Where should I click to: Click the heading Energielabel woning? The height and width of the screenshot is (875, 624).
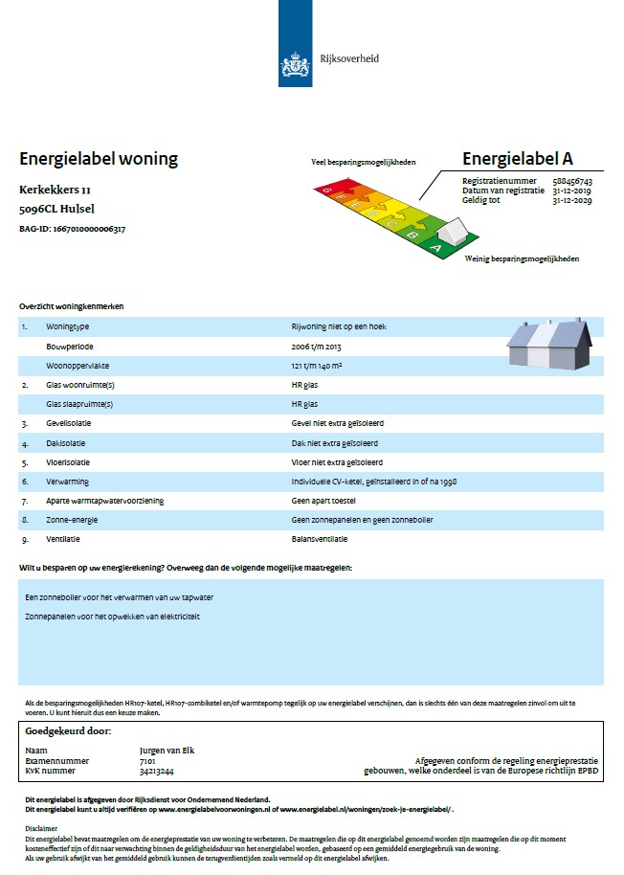coord(99,159)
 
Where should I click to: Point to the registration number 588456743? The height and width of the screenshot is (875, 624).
coord(572,181)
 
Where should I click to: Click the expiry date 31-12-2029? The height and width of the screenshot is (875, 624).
coord(572,201)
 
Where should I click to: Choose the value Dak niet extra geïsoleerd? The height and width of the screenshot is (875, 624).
coord(336,443)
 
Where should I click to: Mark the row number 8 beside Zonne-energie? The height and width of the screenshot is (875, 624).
coord(24,520)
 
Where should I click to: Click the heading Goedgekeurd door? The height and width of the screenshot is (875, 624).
coord(69,732)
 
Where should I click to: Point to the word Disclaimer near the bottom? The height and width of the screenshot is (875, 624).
coord(41,829)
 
